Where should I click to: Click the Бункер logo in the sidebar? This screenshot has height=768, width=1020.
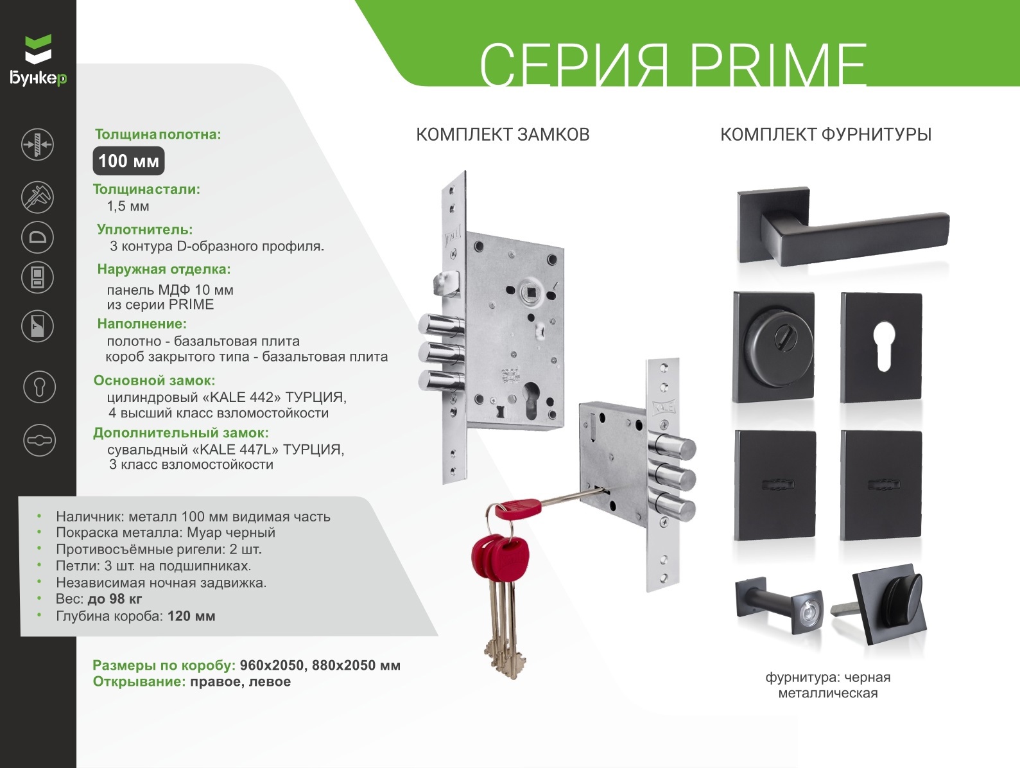(38, 60)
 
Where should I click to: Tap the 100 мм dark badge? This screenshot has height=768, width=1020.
(129, 161)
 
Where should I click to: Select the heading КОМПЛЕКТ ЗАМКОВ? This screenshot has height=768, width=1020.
(503, 134)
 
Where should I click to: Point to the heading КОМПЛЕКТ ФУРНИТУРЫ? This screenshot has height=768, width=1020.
(826, 134)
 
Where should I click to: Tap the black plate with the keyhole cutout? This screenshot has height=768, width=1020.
(881, 347)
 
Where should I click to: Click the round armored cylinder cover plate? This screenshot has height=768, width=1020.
(774, 347)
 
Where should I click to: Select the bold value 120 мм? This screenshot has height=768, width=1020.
(191, 616)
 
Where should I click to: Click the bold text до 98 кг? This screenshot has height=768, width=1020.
(115, 598)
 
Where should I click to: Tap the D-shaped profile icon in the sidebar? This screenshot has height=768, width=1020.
(38, 238)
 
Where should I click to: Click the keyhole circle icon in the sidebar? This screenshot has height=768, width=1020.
(40, 387)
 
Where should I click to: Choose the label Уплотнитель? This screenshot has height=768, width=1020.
(144, 229)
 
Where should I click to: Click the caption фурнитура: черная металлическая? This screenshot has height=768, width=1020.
(828, 685)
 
